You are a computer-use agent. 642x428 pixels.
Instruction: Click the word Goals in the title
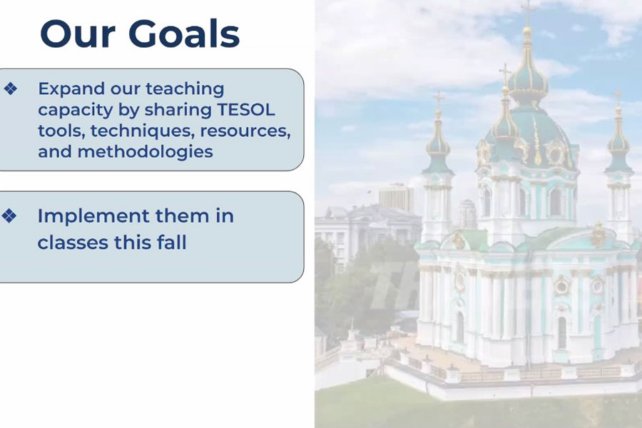184,34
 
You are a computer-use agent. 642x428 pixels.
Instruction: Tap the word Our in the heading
77,34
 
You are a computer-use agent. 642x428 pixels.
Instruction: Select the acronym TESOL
246,110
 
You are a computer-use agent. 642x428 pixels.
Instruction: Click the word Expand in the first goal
71,90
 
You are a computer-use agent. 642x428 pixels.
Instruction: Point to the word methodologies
146,151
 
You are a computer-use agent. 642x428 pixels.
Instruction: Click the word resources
245,131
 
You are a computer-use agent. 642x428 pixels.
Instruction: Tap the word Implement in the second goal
93,217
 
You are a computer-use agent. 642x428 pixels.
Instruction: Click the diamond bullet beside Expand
11,88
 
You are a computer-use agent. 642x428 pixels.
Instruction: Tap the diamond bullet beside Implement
9,216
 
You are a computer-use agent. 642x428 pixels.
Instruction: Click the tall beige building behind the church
396,198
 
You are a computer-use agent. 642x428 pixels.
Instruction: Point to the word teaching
185,90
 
